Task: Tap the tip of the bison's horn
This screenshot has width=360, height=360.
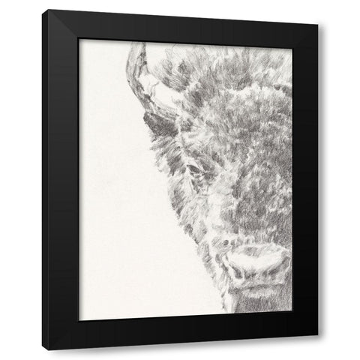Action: (x=136, y=46)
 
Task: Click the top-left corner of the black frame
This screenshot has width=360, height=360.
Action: (x=43, y=12)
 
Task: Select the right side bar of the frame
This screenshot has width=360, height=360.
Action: (x=304, y=180)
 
